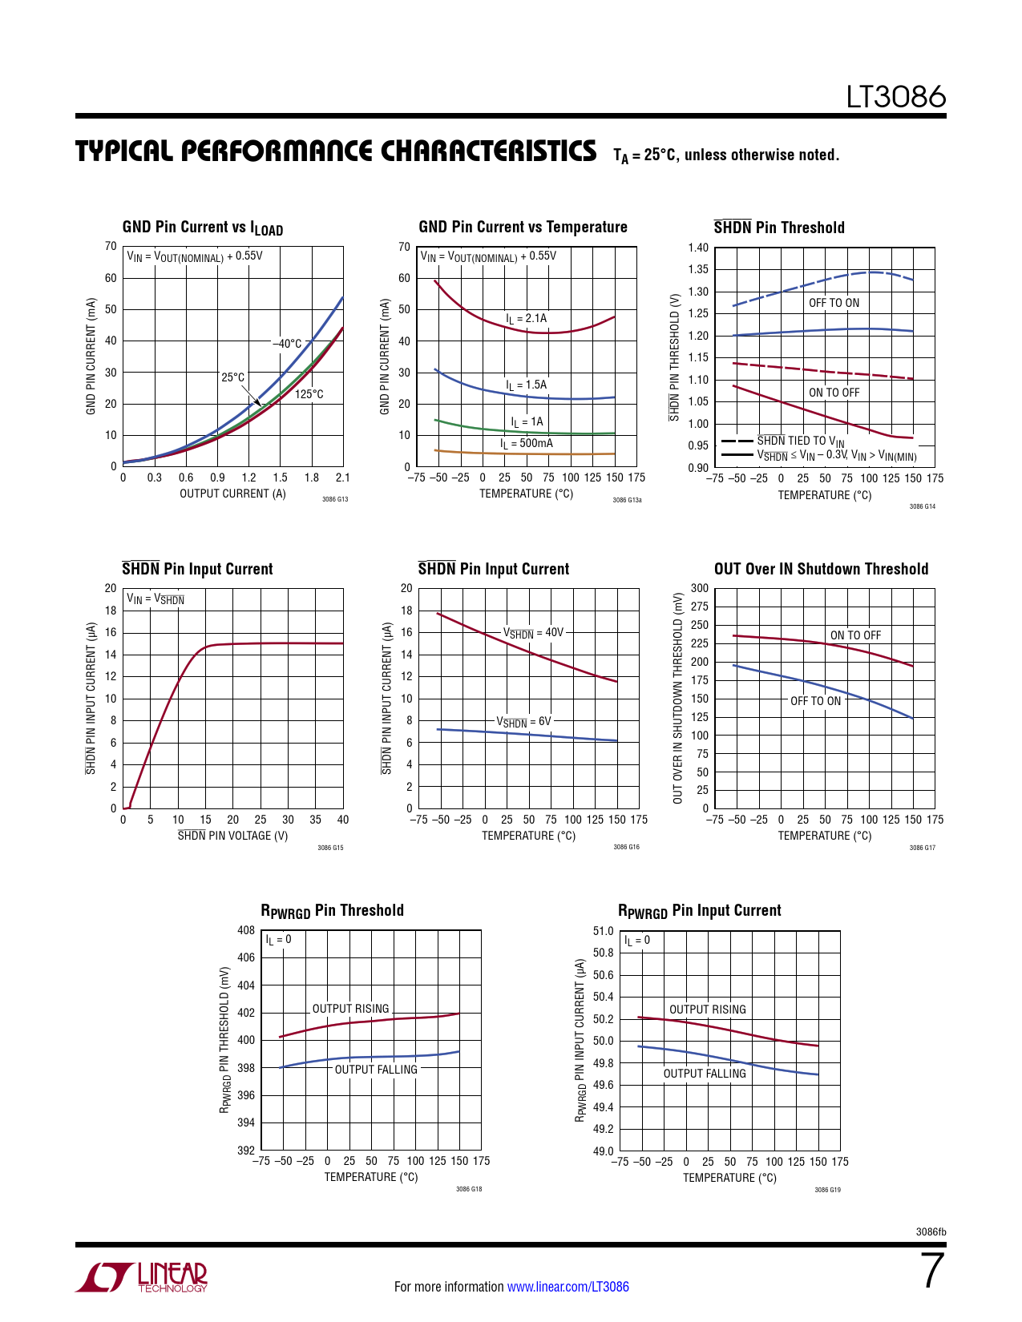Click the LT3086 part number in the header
[x=896, y=97]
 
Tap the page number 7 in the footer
[x=932, y=1271]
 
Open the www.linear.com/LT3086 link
[x=568, y=1287]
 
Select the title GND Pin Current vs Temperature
[x=523, y=227]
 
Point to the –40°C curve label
[x=287, y=344]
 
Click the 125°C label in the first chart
[x=309, y=394]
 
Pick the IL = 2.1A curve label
[x=526, y=318]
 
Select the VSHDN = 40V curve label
[x=533, y=632]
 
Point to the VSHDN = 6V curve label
[x=523, y=721]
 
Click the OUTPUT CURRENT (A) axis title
[x=232, y=494]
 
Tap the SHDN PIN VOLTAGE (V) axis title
[x=232, y=836]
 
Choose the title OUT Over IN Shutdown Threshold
[x=821, y=569]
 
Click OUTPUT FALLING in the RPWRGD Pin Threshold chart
[x=376, y=1070]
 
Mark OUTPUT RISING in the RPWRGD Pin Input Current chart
[x=707, y=1010]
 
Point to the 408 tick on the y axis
[x=246, y=930]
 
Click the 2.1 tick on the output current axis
[x=342, y=478]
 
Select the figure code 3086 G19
[x=827, y=1190]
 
